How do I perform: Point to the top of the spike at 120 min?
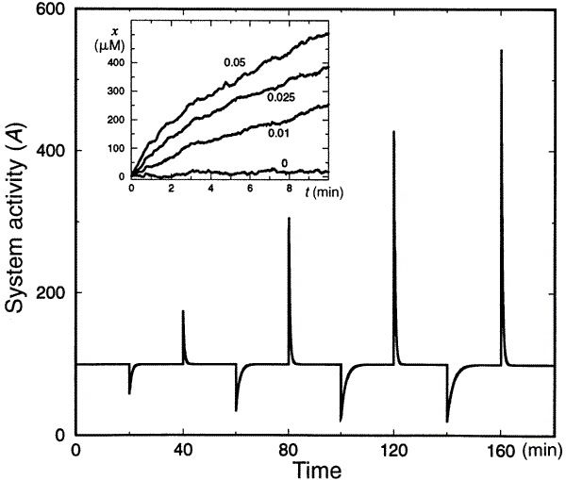[394, 132]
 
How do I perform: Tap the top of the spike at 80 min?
[289, 218]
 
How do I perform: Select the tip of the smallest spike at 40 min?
[182, 310]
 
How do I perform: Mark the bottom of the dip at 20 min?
[129, 393]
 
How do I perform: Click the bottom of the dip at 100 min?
[341, 421]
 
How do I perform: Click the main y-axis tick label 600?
[50, 10]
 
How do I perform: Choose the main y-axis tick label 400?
[50, 151]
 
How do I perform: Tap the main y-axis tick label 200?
[50, 293]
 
